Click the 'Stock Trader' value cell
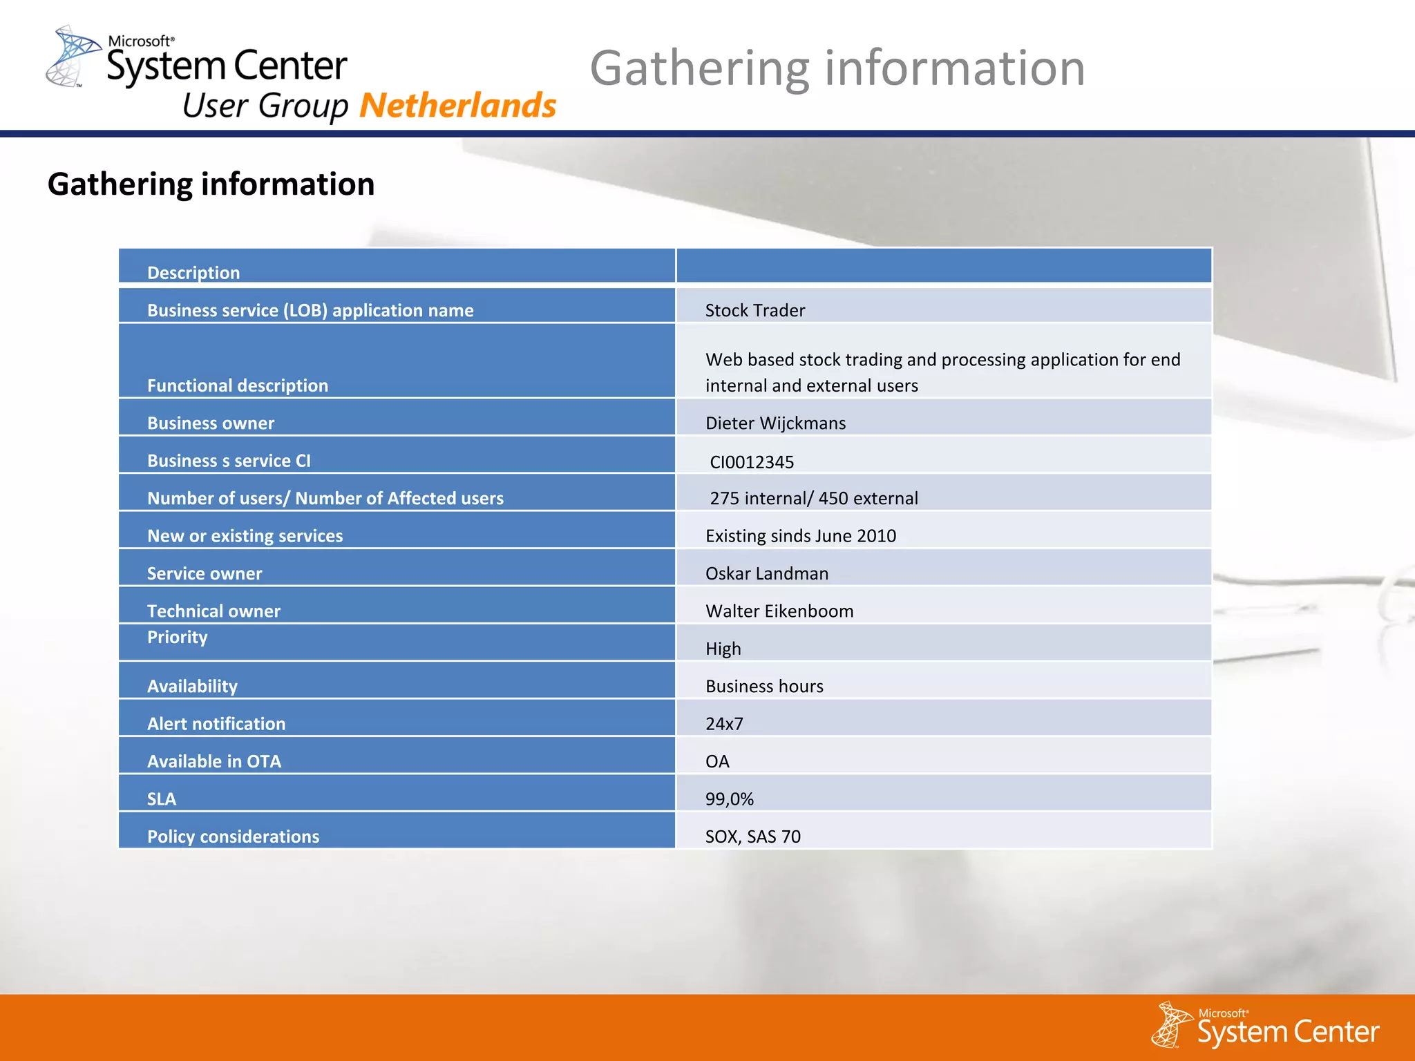coord(754,310)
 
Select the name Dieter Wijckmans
coord(775,423)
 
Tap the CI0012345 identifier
coord(752,461)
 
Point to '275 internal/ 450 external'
coord(813,498)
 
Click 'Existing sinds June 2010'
coord(800,536)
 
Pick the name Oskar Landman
coord(766,573)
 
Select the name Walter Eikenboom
coord(779,611)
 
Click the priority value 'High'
coord(723,649)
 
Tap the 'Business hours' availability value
coord(764,686)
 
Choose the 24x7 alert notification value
coord(724,724)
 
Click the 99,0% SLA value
coord(729,799)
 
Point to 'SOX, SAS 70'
coord(752,837)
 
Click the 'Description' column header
coord(193,273)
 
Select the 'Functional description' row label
coord(238,385)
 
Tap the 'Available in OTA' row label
coord(214,761)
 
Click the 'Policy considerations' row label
coord(233,837)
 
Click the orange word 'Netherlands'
coord(457,106)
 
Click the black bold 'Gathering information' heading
coord(211,184)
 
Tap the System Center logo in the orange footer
coord(1266,1026)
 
